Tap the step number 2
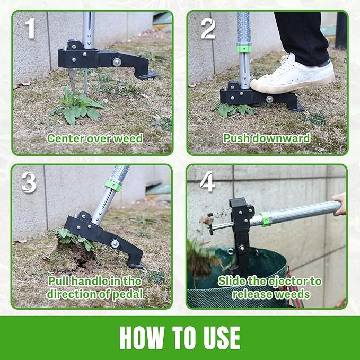click(207, 29)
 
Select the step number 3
click(29, 182)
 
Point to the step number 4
click(207, 182)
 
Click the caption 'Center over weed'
click(94, 138)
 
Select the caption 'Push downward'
click(266, 138)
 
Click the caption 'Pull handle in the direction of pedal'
click(94, 287)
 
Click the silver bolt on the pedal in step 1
click(116, 62)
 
